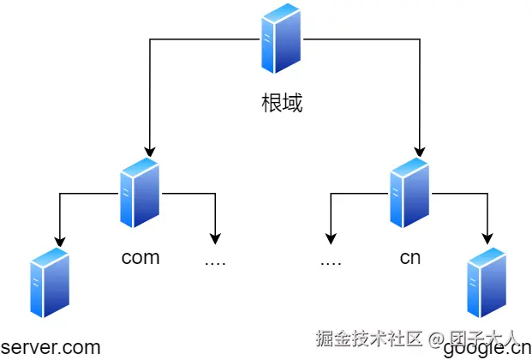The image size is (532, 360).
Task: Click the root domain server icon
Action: pos(282,39)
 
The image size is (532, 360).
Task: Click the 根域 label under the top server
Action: pos(282,104)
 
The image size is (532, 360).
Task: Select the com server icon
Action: pos(140,192)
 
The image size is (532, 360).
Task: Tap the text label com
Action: pos(140,257)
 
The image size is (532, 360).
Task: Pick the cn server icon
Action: pos(410,192)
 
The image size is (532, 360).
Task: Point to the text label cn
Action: pos(410,257)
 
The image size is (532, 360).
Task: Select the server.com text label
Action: pos(51,348)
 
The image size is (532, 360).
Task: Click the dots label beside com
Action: pos(215,260)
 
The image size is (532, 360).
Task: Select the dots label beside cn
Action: pos(331,260)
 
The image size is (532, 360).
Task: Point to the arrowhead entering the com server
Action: pos(149,151)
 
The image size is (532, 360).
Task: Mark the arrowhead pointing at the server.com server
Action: pos(58,239)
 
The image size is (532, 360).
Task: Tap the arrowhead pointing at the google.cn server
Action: pos(489,239)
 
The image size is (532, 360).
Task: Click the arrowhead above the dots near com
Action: pos(215,239)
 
